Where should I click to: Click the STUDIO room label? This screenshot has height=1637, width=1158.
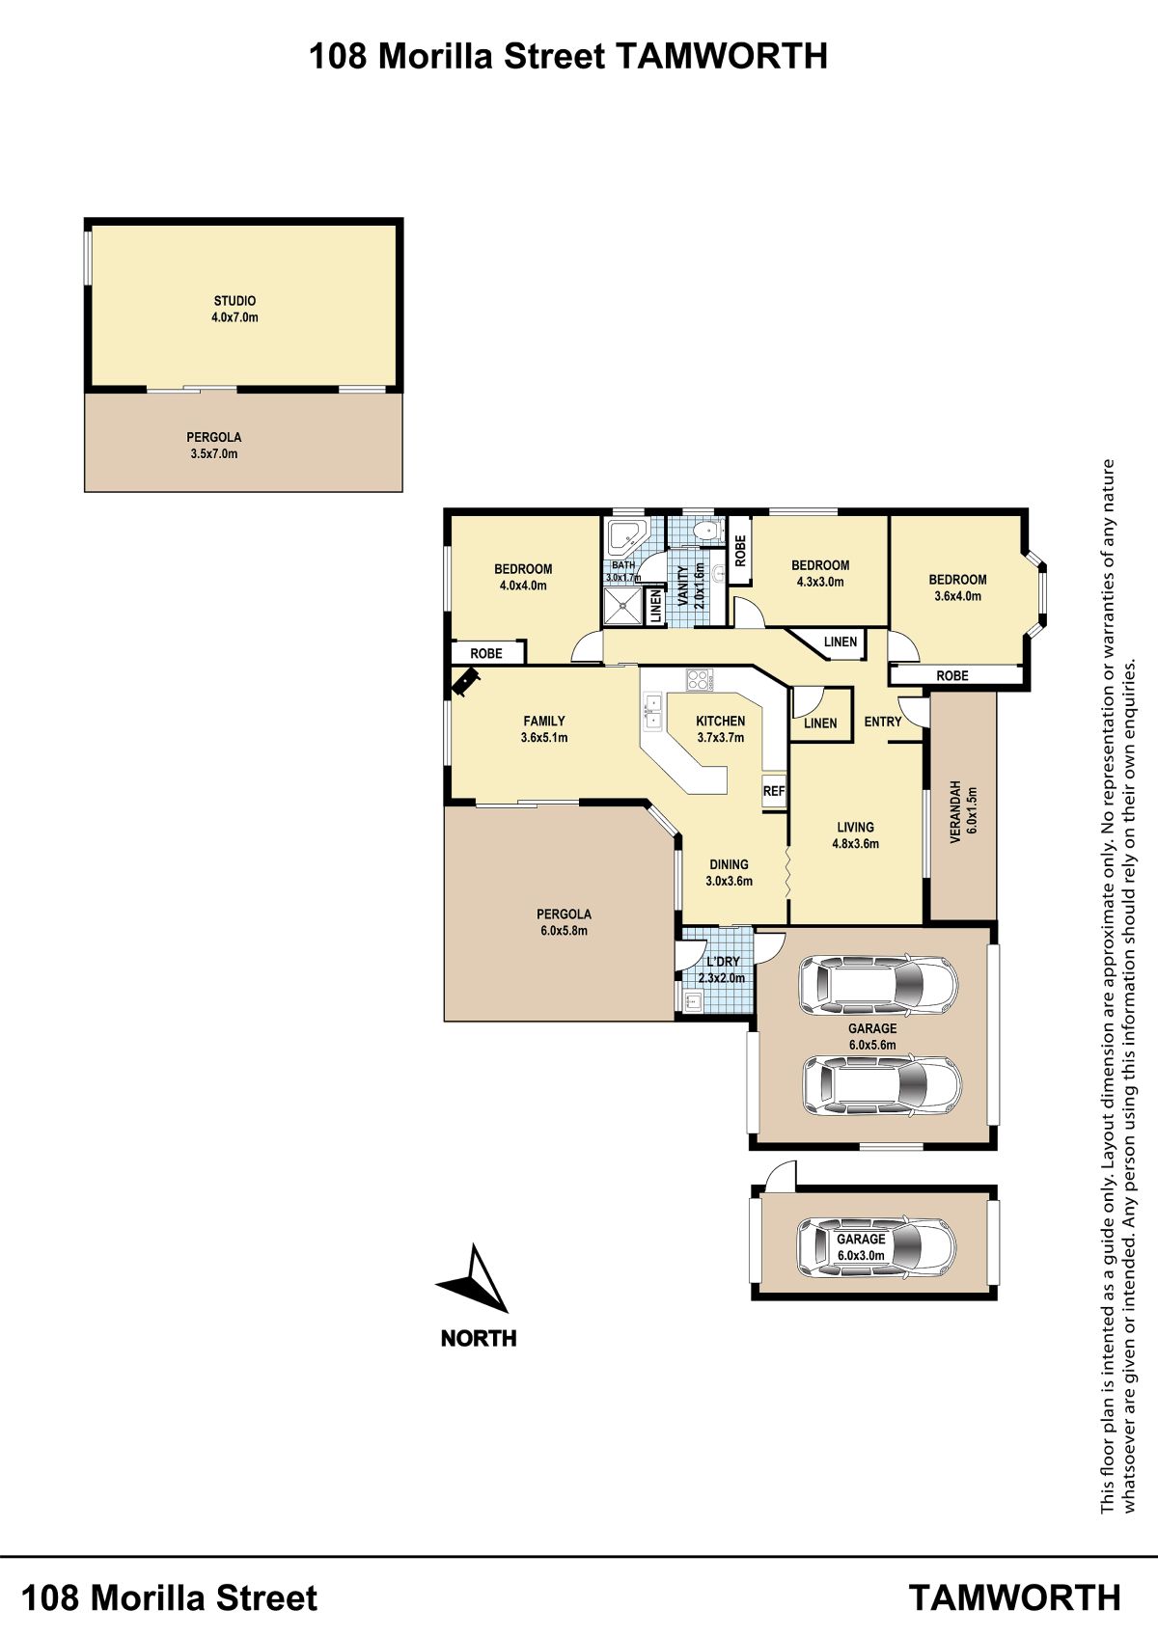click(234, 300)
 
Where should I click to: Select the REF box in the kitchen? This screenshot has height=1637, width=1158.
click(774, 791)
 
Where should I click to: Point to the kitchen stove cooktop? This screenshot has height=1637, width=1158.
click(700, 680)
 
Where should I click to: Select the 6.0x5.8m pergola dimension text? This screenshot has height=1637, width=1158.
click(564, 930)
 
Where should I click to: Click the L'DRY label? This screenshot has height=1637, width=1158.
click(723, 962)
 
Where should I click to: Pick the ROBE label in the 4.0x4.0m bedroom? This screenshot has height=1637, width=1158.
click(486, 653)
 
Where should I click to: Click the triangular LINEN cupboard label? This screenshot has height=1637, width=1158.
click(840, 641)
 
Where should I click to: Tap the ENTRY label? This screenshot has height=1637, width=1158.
click(882, 722)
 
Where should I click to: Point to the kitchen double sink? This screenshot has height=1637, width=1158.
click(652, 712)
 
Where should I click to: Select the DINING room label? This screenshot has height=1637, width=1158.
click(729, 864)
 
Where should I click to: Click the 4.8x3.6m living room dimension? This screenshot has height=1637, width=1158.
click(855, 844)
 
